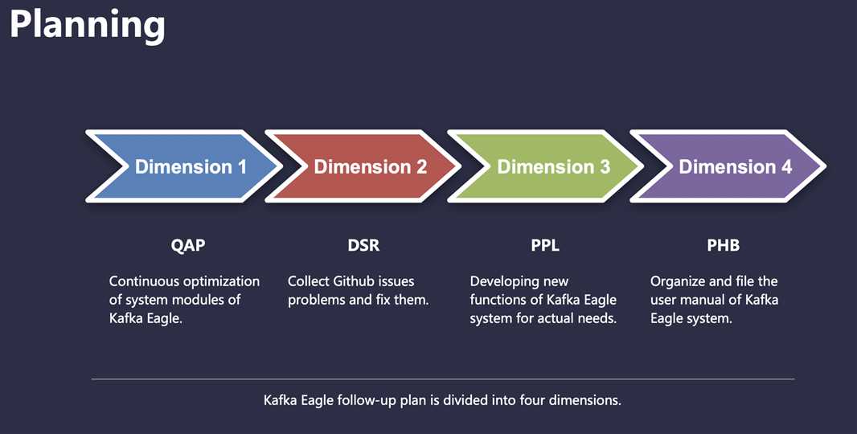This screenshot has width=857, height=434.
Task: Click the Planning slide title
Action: click(88, 26)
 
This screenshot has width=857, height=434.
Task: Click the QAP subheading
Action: click(188, 245)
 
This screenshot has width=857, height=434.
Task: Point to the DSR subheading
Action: click(363, 245)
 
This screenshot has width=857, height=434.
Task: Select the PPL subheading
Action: click(545, 245)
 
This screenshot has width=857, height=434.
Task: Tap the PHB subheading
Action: click(723, 245)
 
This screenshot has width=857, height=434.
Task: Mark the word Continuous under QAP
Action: click(144, 281)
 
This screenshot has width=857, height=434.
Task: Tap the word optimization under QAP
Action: click(221, 282)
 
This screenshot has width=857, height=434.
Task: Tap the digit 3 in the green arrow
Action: click(605, 166)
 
